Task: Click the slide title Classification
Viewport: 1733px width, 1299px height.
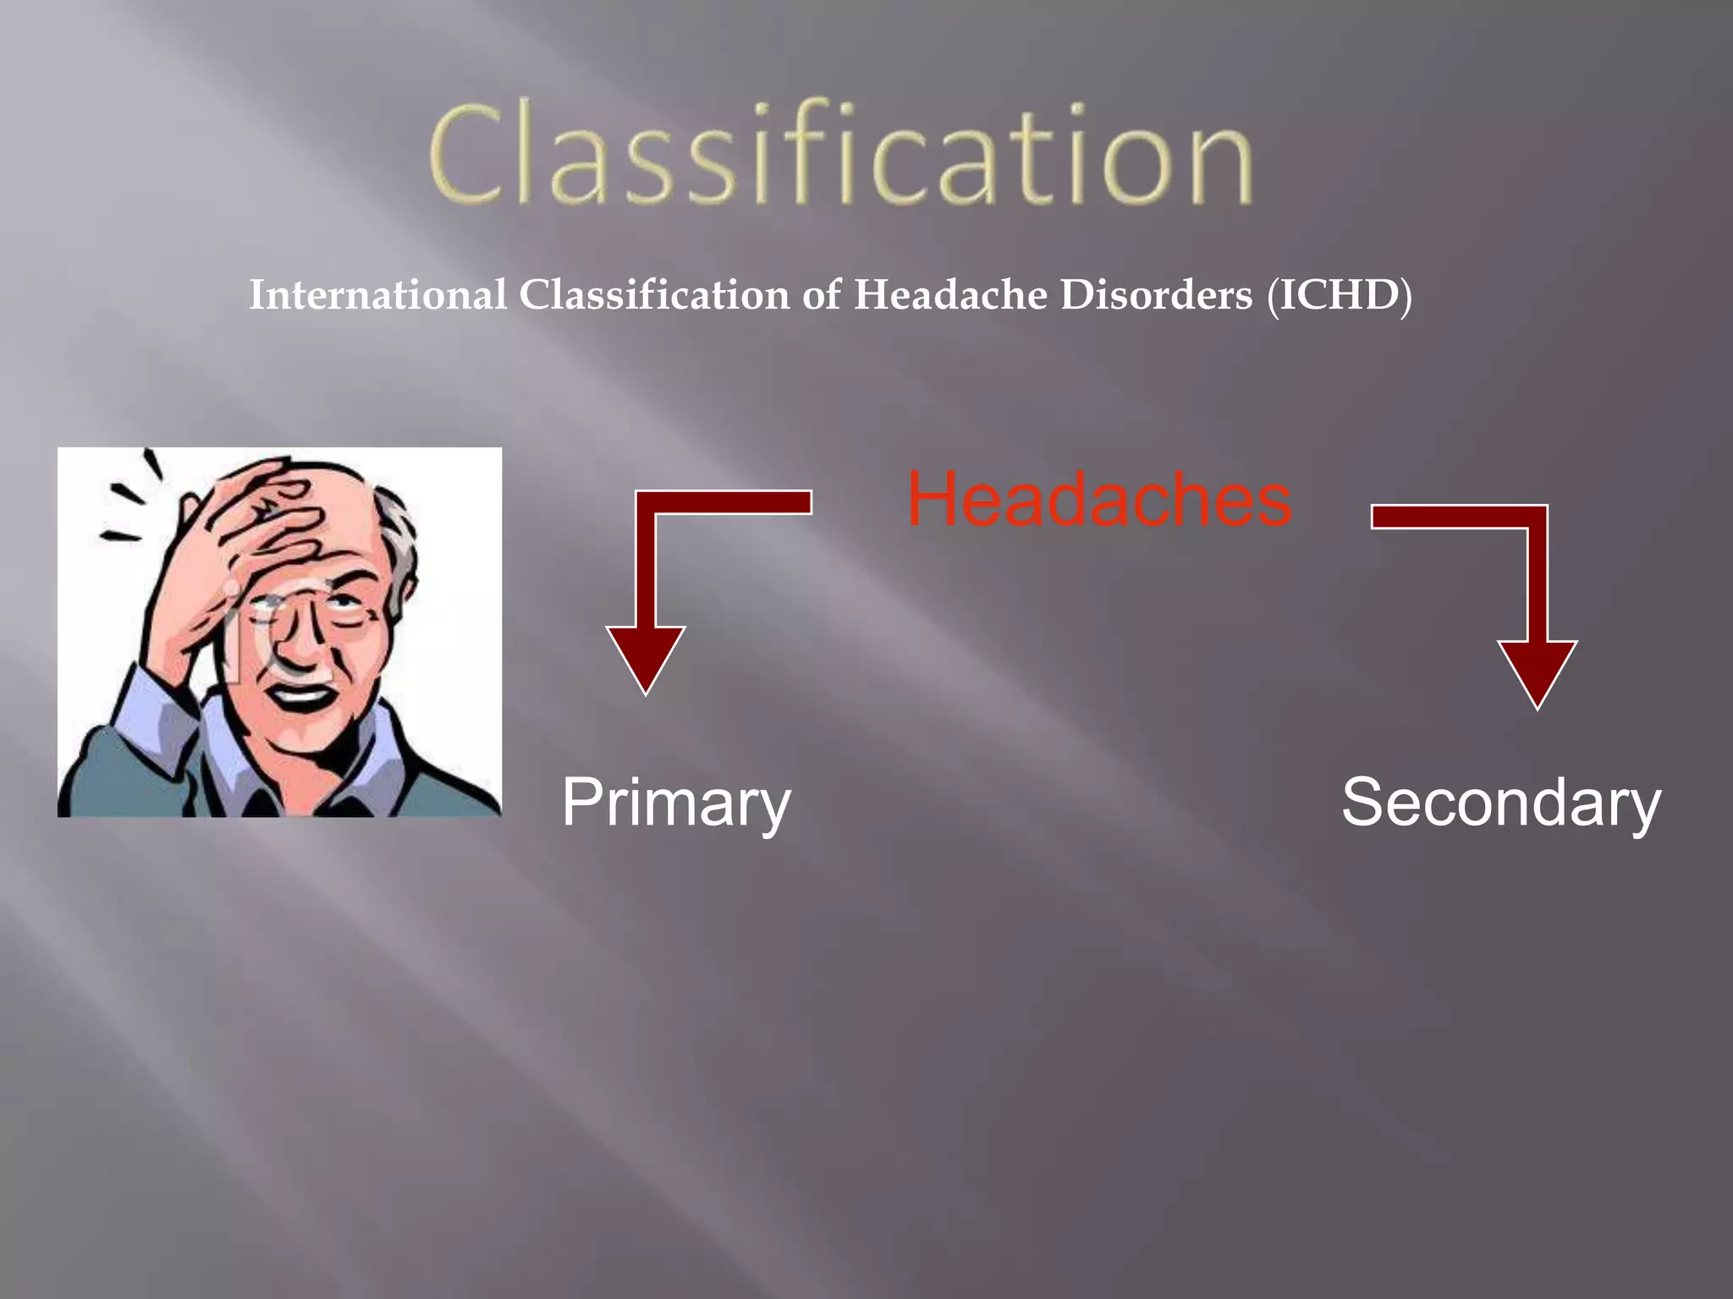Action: (840, 155)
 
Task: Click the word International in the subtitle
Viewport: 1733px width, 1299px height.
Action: (377, 295)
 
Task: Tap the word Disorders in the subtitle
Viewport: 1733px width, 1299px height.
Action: (1156, 295)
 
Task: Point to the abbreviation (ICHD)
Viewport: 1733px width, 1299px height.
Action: (1339, 295)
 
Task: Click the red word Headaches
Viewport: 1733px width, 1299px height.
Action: (1099, 500)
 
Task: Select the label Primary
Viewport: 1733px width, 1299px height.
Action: (676, 803)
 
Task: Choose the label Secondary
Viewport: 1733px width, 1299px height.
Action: (1501, 803)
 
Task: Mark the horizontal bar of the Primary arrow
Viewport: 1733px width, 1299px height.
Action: (728, 502)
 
